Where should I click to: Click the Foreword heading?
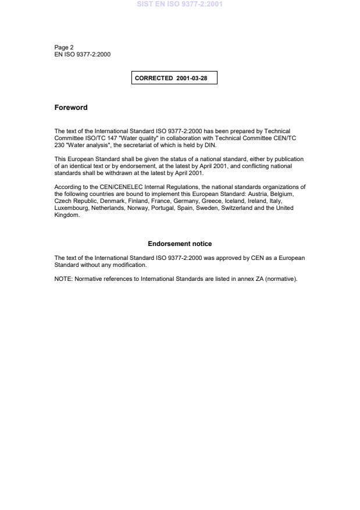pos(71,108)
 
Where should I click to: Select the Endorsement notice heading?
pos(180,244)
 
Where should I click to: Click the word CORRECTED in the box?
pos(154,78)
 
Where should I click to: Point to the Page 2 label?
pos(64,48)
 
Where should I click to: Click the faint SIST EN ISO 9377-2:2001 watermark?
pos(180,5)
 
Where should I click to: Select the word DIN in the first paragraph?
pos(211,145)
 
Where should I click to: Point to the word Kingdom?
pos(66,215)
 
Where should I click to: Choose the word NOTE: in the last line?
pos(63,279)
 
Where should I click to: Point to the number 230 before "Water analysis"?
pos(59,145)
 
